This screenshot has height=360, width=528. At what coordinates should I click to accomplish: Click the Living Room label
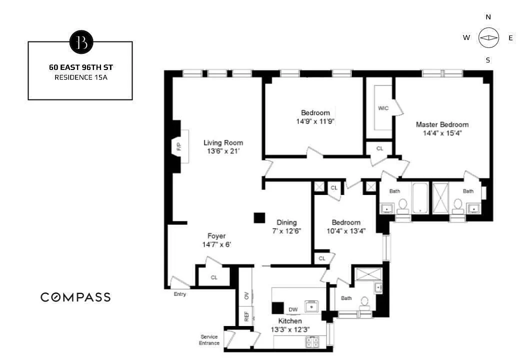(223, 142)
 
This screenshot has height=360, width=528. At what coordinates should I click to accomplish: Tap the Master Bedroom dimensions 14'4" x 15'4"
(442, 133)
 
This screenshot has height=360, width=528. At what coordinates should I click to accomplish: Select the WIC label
(383, 108)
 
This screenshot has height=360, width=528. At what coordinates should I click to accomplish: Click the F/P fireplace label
(179, 146)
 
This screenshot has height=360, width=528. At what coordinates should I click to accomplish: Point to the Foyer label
(216, 236)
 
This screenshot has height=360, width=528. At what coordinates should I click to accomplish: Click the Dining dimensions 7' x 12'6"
(286, 231)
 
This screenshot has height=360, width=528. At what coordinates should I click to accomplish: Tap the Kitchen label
(290, 321)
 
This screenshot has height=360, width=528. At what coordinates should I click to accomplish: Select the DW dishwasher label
(293, 309)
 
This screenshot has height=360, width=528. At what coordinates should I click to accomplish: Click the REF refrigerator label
(246, 316)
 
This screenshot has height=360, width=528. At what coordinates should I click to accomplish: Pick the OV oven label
(246, 295)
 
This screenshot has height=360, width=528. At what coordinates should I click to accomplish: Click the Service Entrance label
(209, 340)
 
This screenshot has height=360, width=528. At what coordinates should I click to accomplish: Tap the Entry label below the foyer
(180, 294)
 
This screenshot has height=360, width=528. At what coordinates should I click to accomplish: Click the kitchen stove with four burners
(312, 342)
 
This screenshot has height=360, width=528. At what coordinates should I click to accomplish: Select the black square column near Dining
(259, 218)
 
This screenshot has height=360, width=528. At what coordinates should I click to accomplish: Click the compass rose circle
(488, 37)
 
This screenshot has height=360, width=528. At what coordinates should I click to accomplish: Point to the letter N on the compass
(488, 17)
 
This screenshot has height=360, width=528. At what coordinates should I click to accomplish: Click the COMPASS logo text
(75, 297)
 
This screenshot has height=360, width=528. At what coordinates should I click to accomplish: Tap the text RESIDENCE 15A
(81, 77)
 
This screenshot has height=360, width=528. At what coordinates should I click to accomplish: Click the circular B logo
(81, 42)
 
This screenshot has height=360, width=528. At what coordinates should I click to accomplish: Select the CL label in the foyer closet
(214, 277)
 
